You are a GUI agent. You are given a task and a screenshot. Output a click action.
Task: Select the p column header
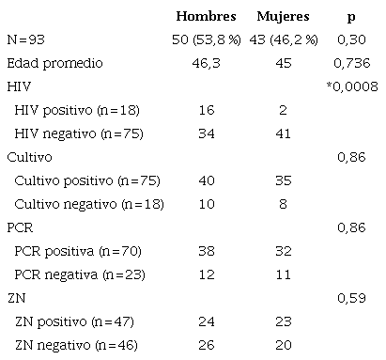pyautogui.click(x=350, y=17)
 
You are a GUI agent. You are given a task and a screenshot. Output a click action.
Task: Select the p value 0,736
pyautogui.click(x=350, y=63)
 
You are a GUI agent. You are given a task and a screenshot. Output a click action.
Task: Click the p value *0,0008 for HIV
pyautogui.click(x=349, y=86)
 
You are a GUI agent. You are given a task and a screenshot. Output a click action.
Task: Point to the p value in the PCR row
pyautogui.click(x=350, y=227)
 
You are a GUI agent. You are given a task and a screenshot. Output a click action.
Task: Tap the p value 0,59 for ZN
pyautogui.click(x=350, y=298)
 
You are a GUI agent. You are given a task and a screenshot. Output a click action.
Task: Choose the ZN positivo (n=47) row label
pyautogui.click(x=63, y=321)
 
